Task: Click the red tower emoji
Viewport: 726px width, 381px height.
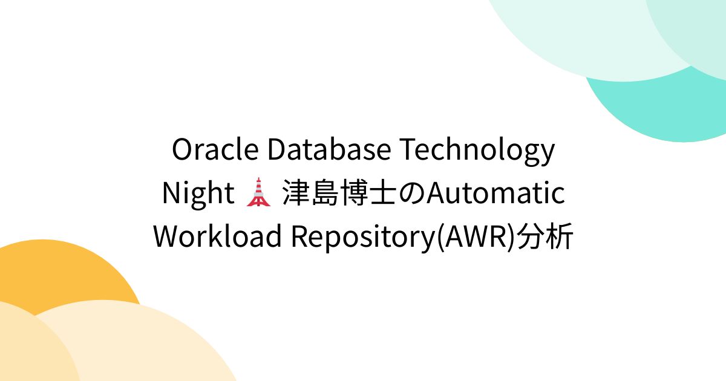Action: point(258,194)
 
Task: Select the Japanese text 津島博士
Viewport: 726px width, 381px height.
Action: point(344,194)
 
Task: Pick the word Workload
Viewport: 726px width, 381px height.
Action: point(218,236)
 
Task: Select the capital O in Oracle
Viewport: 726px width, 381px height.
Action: point(182,151)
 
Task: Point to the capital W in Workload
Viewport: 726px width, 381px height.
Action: point(168,236)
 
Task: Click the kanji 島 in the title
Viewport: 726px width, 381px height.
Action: point(329,194)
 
